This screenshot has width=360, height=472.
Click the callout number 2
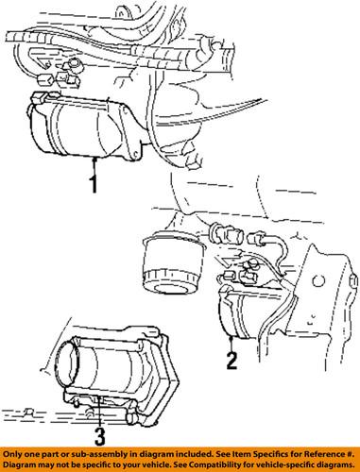[230, 359]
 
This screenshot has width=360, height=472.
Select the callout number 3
[98, 435]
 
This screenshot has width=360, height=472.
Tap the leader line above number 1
[94, 163]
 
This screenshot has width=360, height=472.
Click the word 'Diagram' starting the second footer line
[22, 465]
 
